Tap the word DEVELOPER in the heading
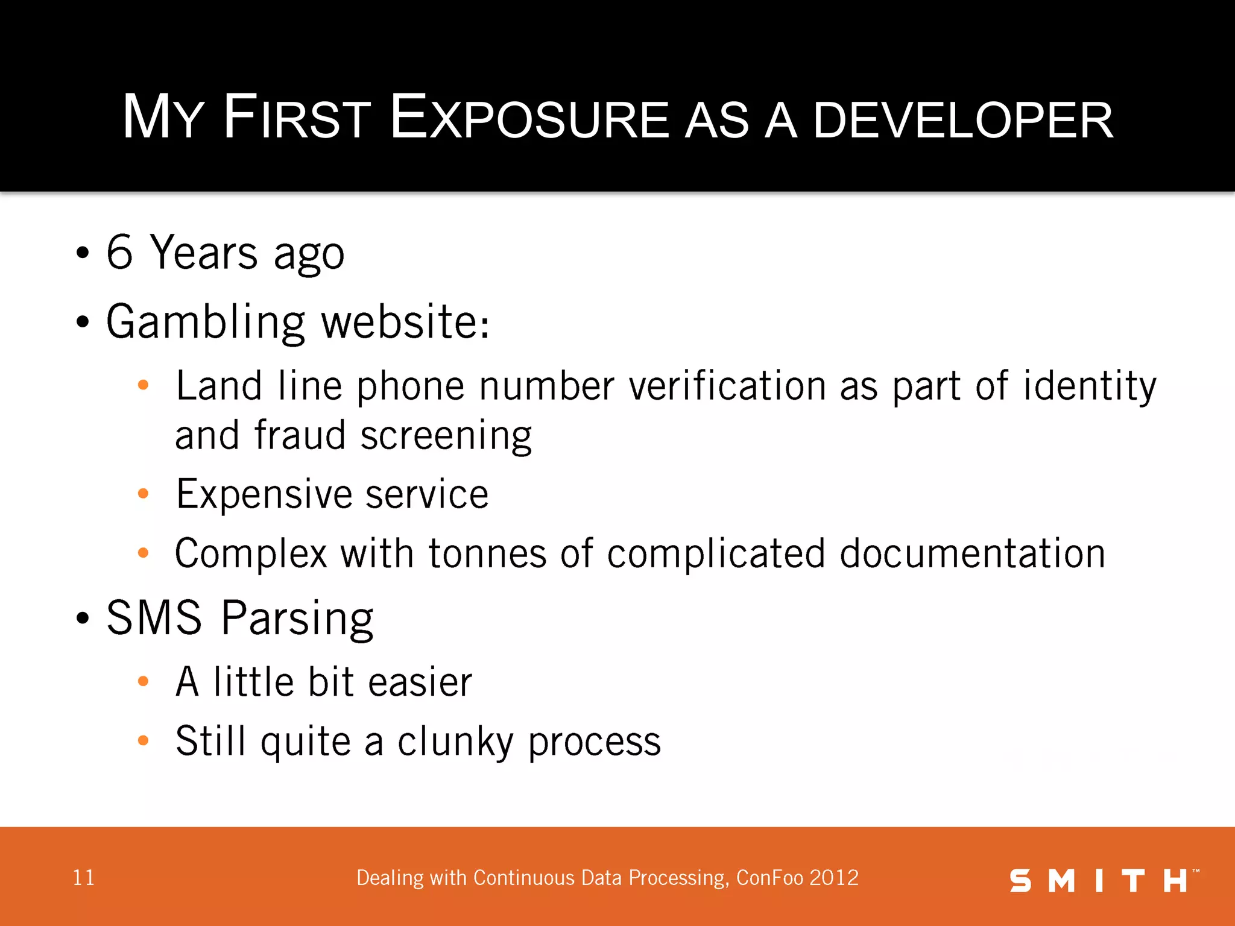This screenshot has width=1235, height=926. (962, 121)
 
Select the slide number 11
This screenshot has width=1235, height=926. (83, 878)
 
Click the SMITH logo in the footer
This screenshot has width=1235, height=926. (1103, 881)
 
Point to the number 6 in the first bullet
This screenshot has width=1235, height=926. (119, 252)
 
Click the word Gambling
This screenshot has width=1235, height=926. (206, 323)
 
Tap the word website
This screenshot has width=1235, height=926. (405, 321)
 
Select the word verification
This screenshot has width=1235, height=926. (727, 386)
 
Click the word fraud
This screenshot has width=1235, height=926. (300, 435)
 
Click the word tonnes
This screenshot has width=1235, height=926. (487, 553)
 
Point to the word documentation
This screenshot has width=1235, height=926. (972, 553)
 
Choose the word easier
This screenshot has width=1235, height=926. (420, 682)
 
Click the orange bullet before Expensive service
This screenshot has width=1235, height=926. (143, 494)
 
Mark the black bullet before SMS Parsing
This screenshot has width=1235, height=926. (83, 618)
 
